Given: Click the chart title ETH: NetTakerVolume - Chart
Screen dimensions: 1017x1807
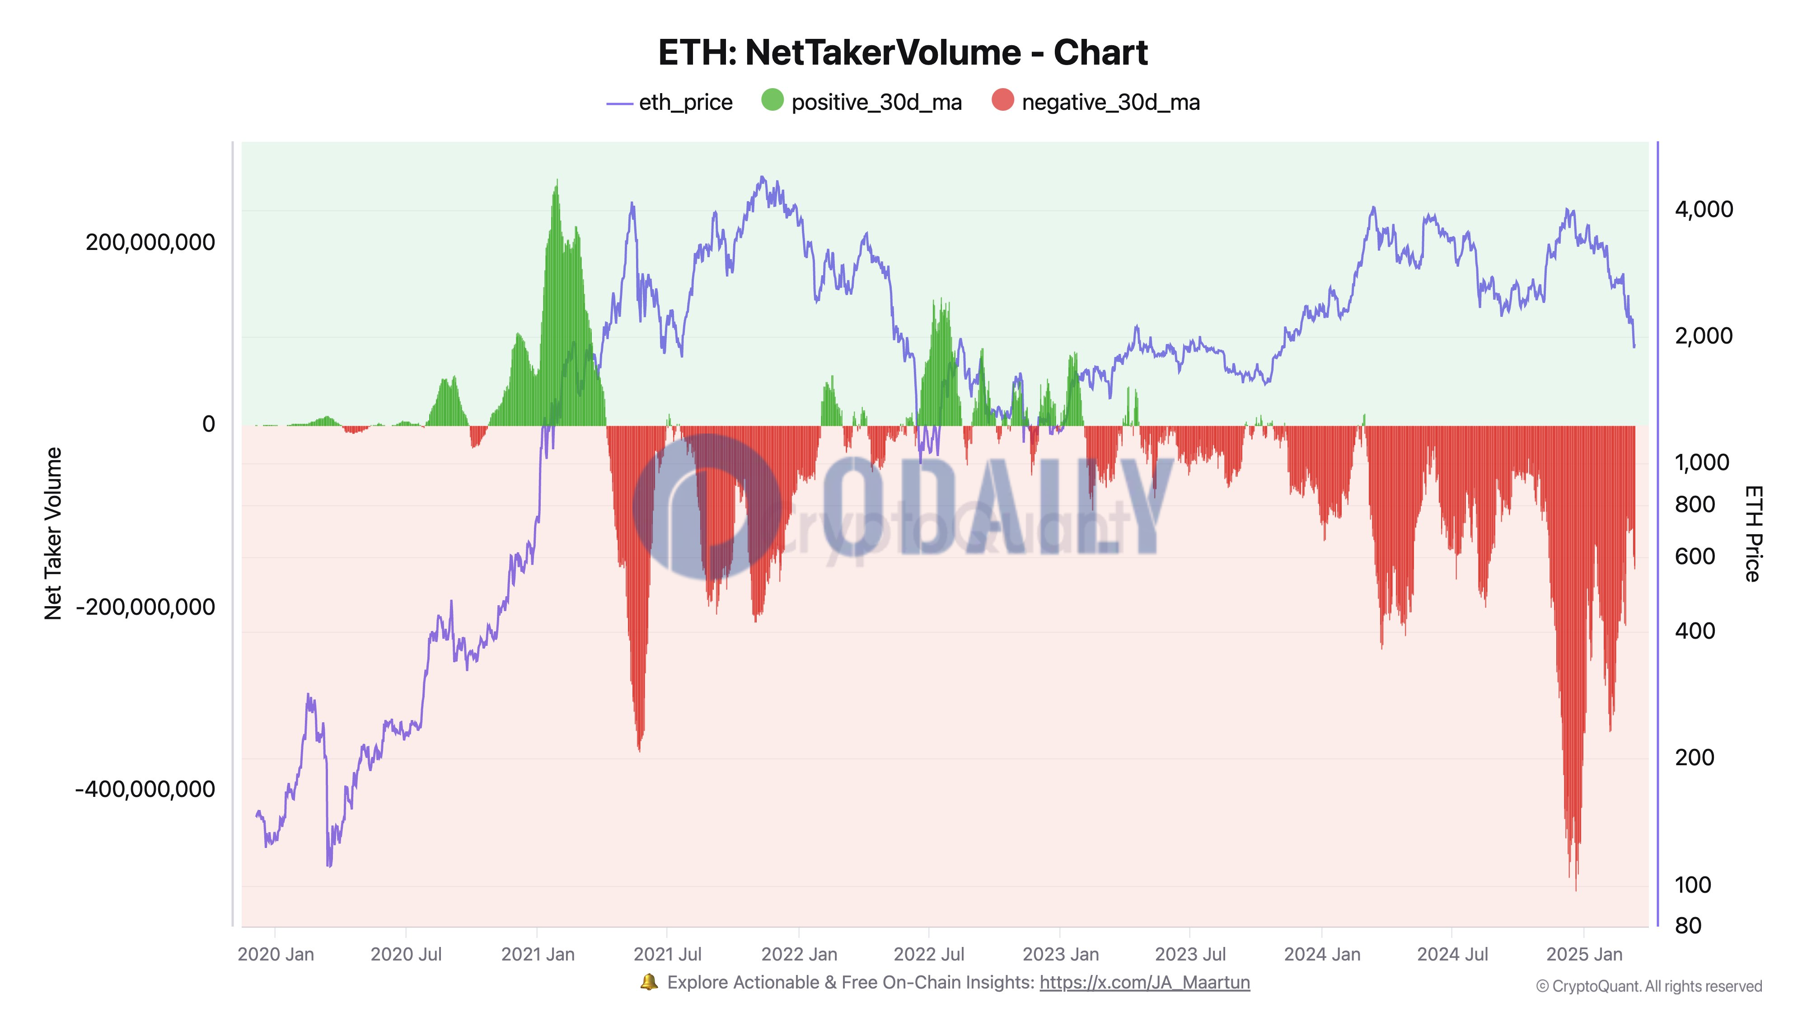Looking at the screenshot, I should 902,52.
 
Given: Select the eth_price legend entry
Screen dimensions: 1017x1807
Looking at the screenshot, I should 670,103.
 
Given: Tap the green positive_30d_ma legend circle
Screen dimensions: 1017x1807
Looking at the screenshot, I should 772,100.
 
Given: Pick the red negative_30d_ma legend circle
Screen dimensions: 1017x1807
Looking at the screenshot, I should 1002,100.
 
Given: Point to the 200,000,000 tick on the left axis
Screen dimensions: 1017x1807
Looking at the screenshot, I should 150,242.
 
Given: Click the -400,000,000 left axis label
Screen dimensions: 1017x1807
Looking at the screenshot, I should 145,789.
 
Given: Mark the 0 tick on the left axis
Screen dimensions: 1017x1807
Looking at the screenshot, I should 208,424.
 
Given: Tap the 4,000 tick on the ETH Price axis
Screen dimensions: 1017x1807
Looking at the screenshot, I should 1703,209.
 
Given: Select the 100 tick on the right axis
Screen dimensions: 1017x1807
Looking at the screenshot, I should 1693,885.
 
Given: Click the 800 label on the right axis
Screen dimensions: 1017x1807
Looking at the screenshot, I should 1695,504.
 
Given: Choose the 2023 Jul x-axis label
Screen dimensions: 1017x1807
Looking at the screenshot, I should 1190,955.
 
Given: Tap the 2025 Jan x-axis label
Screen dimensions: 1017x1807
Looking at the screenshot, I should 1584,955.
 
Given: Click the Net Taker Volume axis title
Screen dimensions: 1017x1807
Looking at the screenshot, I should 53,533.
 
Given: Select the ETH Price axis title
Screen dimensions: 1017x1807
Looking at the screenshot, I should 1752,533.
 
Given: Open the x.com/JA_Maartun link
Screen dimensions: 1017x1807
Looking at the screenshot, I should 1144,983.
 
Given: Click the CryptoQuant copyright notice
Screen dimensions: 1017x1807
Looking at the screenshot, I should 1648,986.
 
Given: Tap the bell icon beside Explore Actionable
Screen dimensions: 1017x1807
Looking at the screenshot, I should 649,982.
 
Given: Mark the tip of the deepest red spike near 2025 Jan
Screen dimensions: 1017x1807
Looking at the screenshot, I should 1576,890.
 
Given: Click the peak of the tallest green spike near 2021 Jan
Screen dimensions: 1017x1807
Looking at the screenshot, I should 557,180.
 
